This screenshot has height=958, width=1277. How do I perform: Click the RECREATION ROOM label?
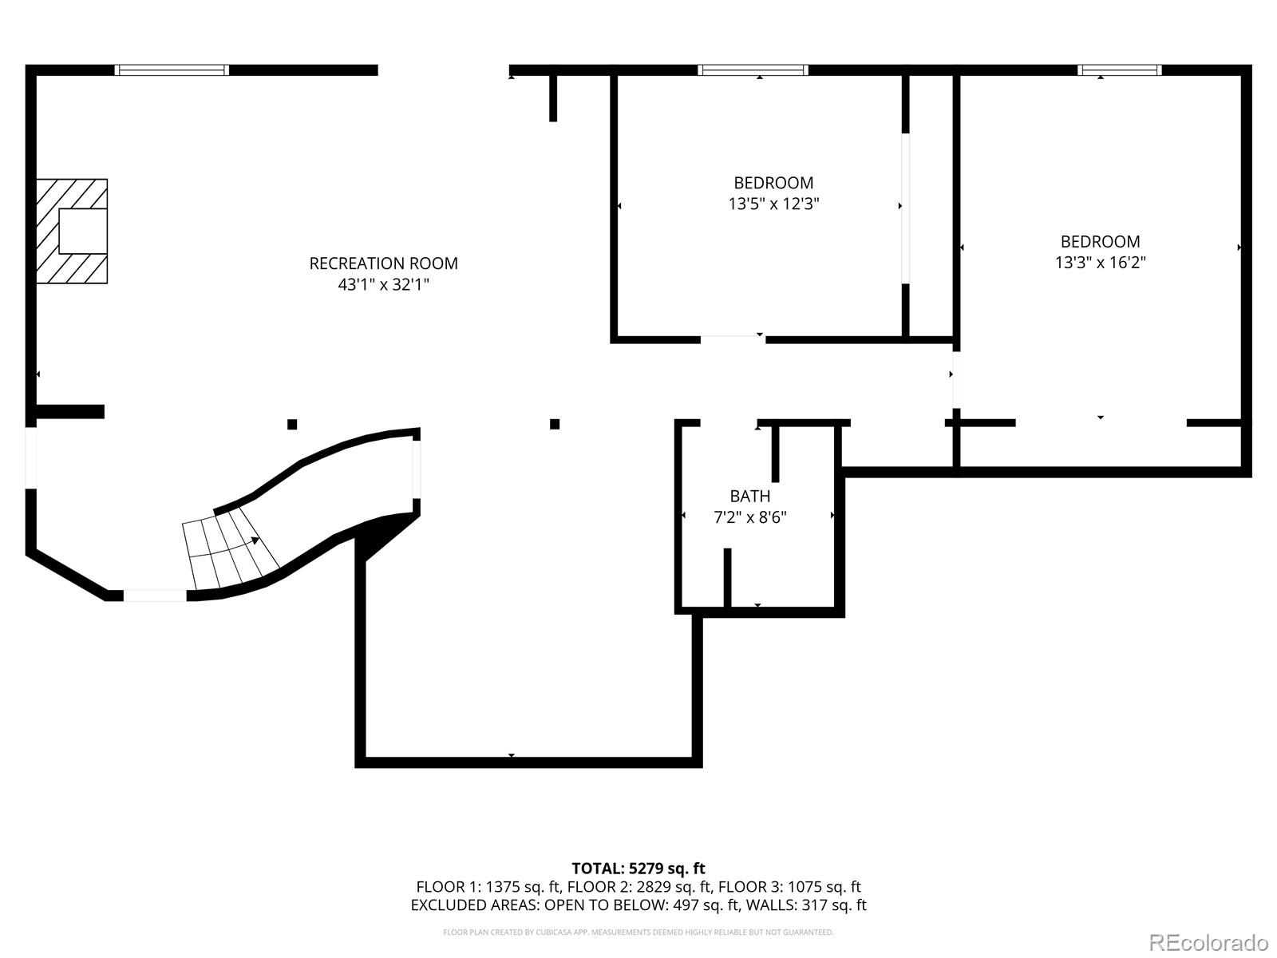(383, 263)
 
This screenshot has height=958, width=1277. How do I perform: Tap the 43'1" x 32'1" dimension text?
(383, 284)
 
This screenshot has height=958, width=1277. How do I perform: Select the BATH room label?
(749, 496)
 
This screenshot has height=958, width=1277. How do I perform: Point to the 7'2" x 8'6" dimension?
(749, 517)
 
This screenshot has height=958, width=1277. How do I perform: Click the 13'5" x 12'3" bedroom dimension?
(773, 204)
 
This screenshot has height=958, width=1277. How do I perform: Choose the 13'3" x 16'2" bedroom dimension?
(1100, 263)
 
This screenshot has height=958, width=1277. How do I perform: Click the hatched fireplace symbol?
(73, 231)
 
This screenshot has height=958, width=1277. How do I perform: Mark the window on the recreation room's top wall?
(172, 70)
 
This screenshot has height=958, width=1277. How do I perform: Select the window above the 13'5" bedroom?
(753, 70)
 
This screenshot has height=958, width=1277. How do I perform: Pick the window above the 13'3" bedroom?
(1119, 70)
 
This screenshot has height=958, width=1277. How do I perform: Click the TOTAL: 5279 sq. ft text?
(638, 868)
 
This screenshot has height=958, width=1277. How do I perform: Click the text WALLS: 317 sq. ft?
(822, 905)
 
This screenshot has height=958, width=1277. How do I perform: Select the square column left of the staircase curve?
(292, 424)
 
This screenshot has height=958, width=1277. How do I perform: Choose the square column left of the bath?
(555, 424)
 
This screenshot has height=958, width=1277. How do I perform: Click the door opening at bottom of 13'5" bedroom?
(733, 340)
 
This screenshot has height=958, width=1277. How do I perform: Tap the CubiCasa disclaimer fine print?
(638, 932)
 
